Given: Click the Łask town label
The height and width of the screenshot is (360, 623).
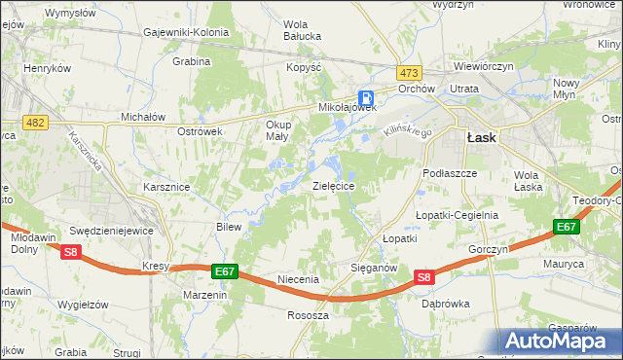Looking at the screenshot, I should [x=481, y=138].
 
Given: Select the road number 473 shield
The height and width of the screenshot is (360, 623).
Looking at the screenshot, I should [x=408, y=73].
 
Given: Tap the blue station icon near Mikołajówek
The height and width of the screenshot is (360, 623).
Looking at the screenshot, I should [x=366, y=97].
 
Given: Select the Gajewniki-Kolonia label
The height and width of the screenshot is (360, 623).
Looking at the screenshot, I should [x=185, y=32].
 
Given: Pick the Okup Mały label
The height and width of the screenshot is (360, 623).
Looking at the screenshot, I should [x=277, y=130].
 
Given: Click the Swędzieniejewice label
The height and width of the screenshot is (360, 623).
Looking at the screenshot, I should [x=112, y=231].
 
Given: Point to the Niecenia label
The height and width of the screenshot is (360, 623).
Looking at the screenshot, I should [x=298, y=279].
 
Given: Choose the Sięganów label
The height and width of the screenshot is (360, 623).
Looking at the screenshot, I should [x=374, y=266].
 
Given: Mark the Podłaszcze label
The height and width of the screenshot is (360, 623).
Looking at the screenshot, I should [x=449, y=172].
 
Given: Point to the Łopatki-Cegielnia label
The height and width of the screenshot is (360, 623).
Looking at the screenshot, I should [x=457, y=215].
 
